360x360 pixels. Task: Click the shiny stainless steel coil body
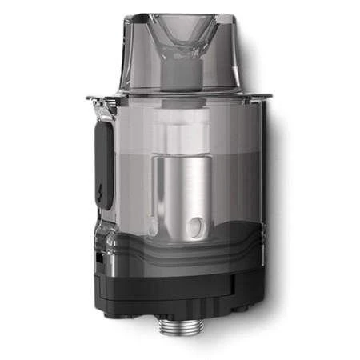tap(182, 192)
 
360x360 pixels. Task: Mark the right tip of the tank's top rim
tap(270, 97)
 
